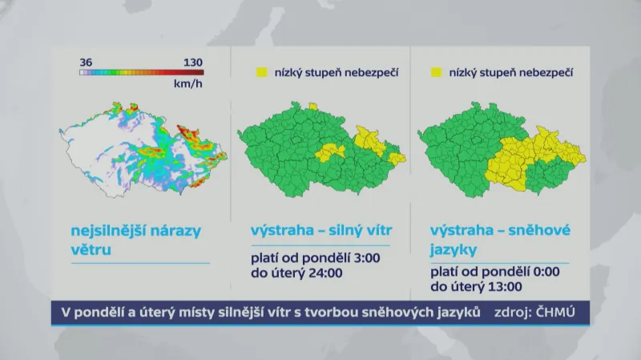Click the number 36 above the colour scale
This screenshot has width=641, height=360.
click(x=87, y=62)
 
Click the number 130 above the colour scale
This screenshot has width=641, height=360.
click(x=193, y=62)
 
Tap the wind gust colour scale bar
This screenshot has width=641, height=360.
click(x=141, y=72)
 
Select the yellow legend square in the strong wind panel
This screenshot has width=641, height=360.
click(x=261, y=73)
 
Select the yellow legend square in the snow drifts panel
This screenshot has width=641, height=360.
click(x=437, y=73)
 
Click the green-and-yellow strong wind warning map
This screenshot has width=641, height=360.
click(x=320, y=152)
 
